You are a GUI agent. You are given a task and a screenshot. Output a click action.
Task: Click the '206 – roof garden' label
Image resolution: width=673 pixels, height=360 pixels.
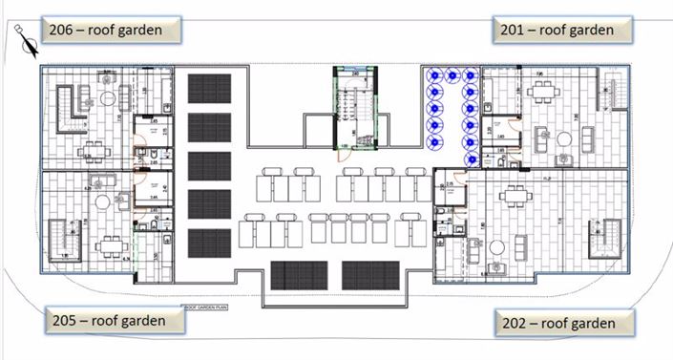pyautogui.click(x=104, y=30)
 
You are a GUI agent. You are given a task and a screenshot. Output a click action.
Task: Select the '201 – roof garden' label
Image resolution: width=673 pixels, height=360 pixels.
pyautogui.click(x=563, y=30)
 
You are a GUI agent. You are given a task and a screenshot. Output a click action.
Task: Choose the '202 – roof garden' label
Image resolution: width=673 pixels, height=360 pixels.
pyautogui.click(x=564, y=323)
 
